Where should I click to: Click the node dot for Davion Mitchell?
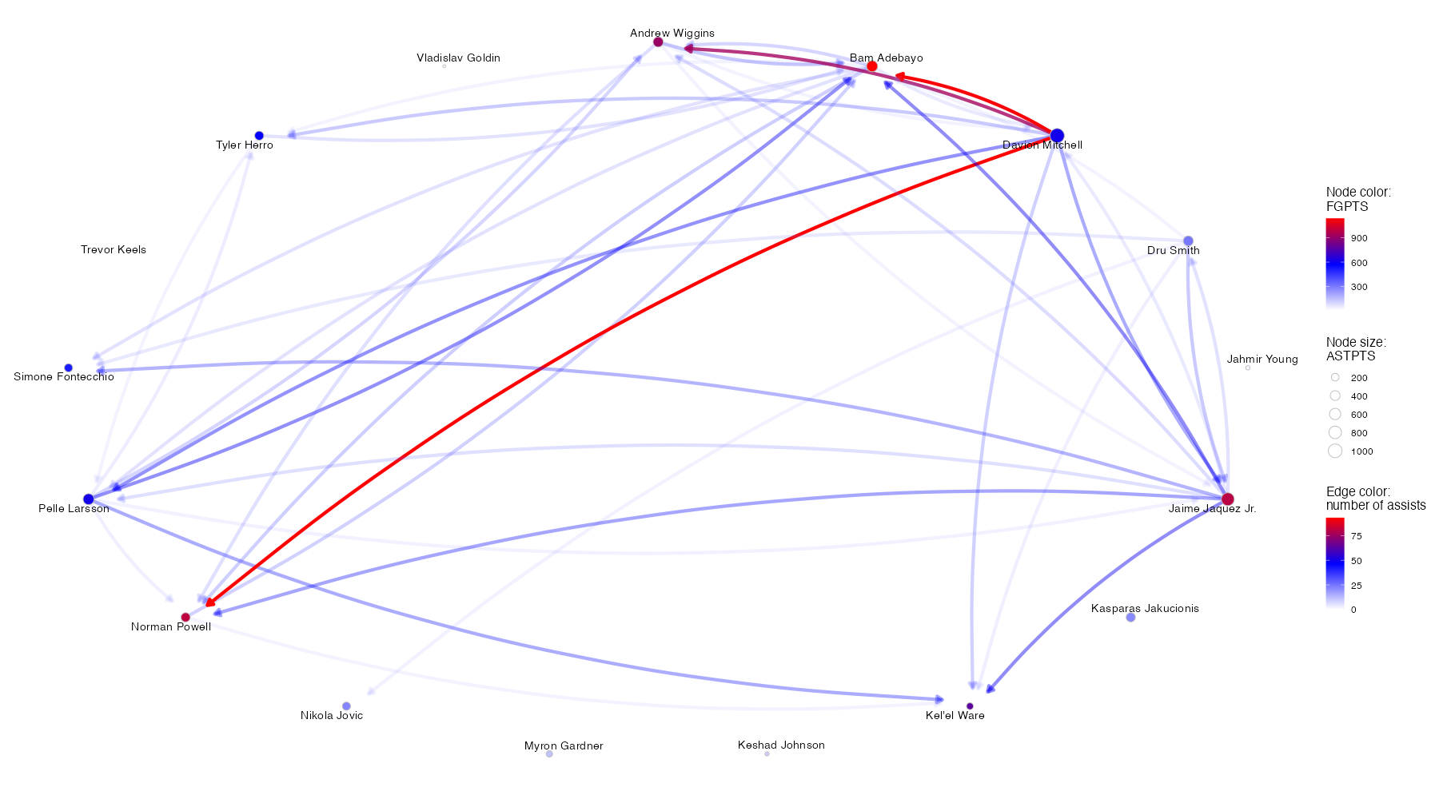(x=1057, y=135)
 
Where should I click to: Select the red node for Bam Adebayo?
(x=872, y=66)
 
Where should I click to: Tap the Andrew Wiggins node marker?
(x=658, y=42)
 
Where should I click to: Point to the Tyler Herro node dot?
(x=259, y=136)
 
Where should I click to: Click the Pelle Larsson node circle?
(x=89, y=499)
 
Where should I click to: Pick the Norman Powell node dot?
(x=185, y=618)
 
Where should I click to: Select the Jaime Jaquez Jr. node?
(x=1227, y=499)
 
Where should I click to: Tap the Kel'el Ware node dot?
(x=970, y=706)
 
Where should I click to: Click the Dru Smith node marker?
(x=1188, y=241)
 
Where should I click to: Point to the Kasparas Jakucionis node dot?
(x=1130, y=618)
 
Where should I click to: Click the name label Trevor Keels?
(x=114, y=250)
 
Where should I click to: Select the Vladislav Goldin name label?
(x=458, y=58)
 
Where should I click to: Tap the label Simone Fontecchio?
(x=64, y=377)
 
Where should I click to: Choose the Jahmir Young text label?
(x=1262, y=360)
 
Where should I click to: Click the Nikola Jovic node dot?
(x=346, y=706)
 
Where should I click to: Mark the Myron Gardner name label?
(x=564, y=746)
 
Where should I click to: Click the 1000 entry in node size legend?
(x=1361, y=451)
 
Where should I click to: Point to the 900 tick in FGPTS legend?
(x=1359, y=238)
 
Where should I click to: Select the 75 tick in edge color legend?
(x=1356, y=536)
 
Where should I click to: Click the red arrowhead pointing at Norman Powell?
(x=211, y=602)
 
